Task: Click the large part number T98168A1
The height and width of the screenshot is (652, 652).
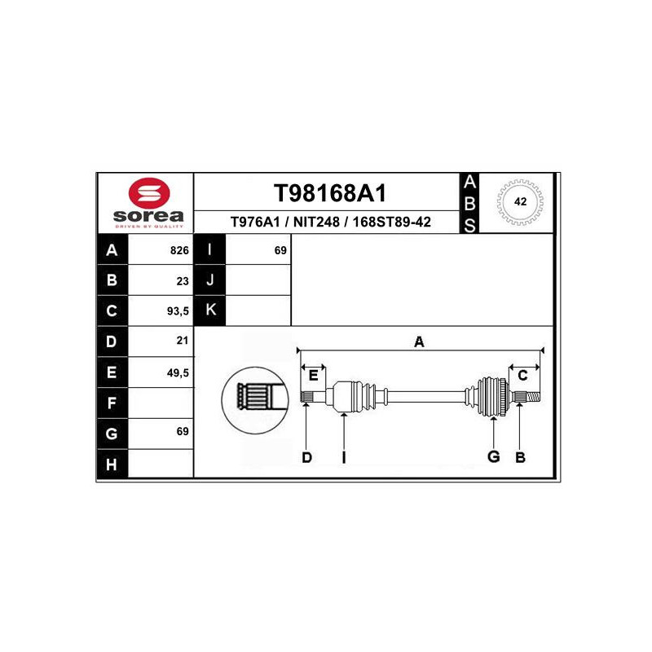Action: point(329,193)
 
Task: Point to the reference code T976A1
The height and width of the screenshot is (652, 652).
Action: point(255,222)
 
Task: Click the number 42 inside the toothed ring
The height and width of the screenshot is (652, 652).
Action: point(520,201)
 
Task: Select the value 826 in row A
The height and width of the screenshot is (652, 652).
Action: point(179,251)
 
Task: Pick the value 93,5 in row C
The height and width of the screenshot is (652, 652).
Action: point(177,311)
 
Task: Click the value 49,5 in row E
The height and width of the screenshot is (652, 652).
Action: point(177,372)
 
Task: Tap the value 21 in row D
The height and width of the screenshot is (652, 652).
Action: point(183,341)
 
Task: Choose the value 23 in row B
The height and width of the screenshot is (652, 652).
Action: point(183,281)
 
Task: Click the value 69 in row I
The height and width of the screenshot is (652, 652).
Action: point(280,251)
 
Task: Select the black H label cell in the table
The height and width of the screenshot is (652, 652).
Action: point(112,465)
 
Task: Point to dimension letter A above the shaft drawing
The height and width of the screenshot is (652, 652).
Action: point(419,342)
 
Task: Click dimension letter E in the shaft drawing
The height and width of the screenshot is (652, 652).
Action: point(313,375)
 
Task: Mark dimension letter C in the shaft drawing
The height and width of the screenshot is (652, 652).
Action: point(523,375)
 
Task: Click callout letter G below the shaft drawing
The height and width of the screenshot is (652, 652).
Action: point(493,456)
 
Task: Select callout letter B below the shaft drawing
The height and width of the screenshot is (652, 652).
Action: point(520,458)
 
